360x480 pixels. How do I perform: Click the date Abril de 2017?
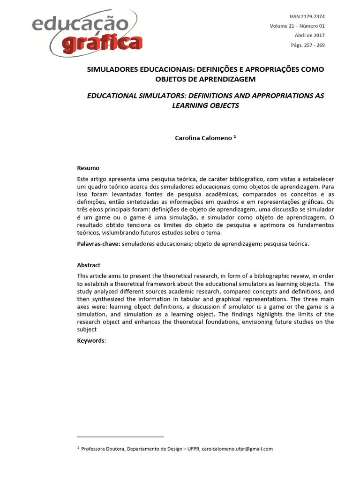(309, 36)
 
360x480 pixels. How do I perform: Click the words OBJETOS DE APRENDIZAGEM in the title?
(205, 79)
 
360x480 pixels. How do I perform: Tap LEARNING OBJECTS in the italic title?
(205, 105)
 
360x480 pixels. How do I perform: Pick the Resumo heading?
(88, 167)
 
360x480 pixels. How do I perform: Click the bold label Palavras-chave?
(97, 244)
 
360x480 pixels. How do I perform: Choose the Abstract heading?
(89, 265)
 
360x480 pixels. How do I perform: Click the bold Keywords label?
(91, 341)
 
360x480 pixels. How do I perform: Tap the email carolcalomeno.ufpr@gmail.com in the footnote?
(237, 449)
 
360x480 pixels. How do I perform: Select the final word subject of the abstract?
(86, 330)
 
